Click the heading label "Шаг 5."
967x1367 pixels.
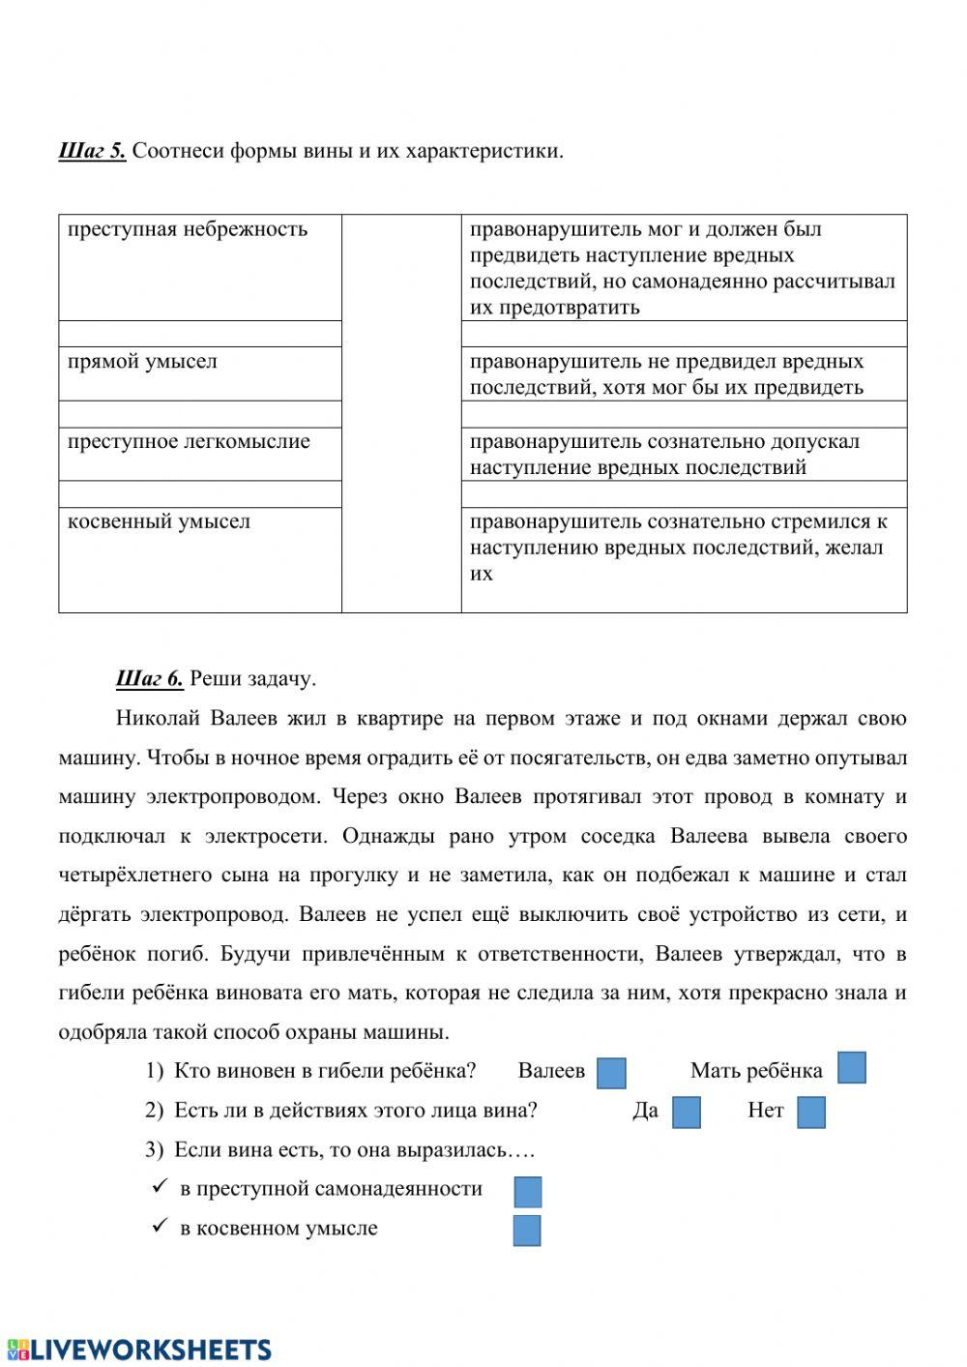pos(92,151)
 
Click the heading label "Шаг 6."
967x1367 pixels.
pos(149,678)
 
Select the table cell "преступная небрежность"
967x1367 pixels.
pos(188,229)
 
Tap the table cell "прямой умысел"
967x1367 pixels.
pos(142,362)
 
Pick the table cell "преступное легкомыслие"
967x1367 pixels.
pos(189,442)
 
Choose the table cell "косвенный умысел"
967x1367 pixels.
pos(159,522)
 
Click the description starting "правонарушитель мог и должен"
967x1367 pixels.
pos(683,268)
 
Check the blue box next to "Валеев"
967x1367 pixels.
pos(611,1073)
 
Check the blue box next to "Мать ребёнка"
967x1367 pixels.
pos(851,1067)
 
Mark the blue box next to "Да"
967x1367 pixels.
pos(686,1112)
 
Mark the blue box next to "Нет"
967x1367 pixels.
pos(811,1113)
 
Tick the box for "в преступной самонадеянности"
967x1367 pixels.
pos(528,1191)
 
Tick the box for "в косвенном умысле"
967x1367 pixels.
pos(527,1231)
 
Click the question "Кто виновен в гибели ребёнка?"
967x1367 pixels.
pos(325,1071)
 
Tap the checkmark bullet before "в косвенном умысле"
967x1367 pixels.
pos(161,1227)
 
